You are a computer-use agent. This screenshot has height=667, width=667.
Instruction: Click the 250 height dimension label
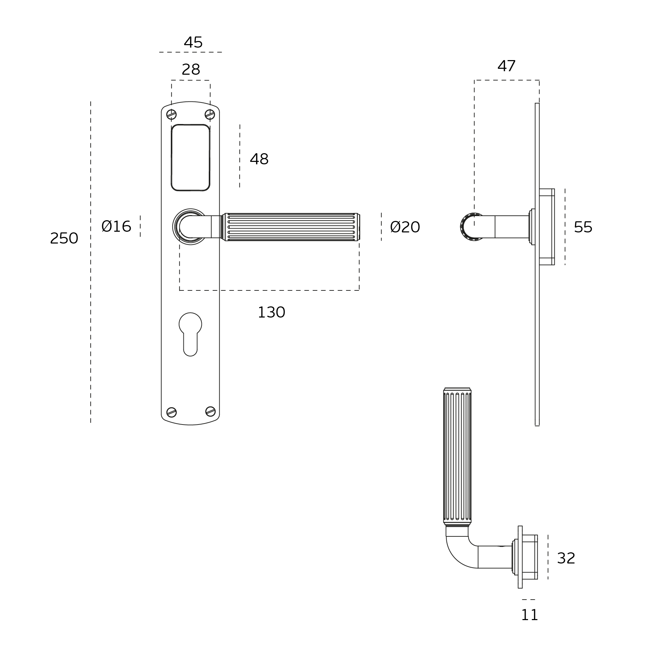(64, 238)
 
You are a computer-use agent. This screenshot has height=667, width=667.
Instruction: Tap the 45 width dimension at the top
(193, 42)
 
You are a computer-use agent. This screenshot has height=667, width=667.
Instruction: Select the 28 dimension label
(191, 69)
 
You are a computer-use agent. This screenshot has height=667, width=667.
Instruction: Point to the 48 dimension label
(259, 159)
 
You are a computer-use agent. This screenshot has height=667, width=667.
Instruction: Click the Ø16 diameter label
(116, 227)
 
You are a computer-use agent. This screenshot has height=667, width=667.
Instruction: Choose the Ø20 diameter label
(405, 227)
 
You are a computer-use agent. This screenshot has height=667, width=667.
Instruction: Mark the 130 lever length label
(271, 312)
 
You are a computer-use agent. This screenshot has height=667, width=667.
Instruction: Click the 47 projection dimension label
(507, 66)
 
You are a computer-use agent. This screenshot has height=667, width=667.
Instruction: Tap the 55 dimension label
(583, 227)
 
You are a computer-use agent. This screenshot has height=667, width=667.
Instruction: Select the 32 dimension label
(566, 558)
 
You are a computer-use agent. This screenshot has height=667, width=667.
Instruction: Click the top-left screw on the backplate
(172, 114)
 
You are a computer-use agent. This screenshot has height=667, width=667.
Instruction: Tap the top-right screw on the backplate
(210, 114)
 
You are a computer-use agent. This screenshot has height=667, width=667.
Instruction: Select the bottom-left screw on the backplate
(172, 412)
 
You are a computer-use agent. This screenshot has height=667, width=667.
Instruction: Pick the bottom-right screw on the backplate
(211, 411)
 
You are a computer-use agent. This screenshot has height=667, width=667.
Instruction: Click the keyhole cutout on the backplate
(190, 334)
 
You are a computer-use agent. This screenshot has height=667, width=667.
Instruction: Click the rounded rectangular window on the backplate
(190, 157)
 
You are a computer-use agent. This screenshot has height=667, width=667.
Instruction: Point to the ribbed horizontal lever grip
(292, 227)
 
